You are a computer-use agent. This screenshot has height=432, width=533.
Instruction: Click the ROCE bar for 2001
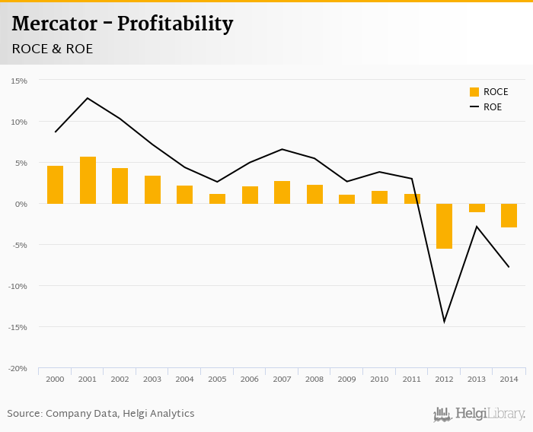[88, 180]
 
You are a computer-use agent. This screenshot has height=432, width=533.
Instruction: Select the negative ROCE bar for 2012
[444, 226]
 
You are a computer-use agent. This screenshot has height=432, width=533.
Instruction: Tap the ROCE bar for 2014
[509, 215]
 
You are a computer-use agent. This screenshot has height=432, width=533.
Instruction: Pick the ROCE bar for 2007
[282, 192]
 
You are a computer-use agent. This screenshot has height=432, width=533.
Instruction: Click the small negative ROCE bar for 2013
[477, 208]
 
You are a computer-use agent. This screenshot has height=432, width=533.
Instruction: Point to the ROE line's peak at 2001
[88, 98]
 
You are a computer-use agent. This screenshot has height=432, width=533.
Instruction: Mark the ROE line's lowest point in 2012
[444, 322]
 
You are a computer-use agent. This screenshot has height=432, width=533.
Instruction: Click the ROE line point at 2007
[282, 149]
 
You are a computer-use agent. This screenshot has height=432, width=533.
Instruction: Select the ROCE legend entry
[488, 92]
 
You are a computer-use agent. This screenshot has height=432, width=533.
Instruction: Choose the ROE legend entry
[486, 106]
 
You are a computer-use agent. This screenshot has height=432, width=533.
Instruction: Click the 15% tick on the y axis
[19, 81]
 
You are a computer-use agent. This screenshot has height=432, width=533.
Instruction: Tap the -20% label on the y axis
[18, 368]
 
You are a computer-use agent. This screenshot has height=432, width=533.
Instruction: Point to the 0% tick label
[21, 204]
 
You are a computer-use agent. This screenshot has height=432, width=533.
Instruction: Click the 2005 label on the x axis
[217, 379]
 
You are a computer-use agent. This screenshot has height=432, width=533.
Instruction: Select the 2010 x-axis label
[379, 379]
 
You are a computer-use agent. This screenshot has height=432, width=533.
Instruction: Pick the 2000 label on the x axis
[55, 379]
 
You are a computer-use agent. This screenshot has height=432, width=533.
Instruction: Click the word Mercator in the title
[54, 24]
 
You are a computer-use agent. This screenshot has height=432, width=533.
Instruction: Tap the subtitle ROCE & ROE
[53, 49]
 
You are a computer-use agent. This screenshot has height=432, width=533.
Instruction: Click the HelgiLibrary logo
[480, 415]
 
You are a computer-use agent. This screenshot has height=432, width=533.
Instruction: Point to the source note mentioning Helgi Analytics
[101, 414]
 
